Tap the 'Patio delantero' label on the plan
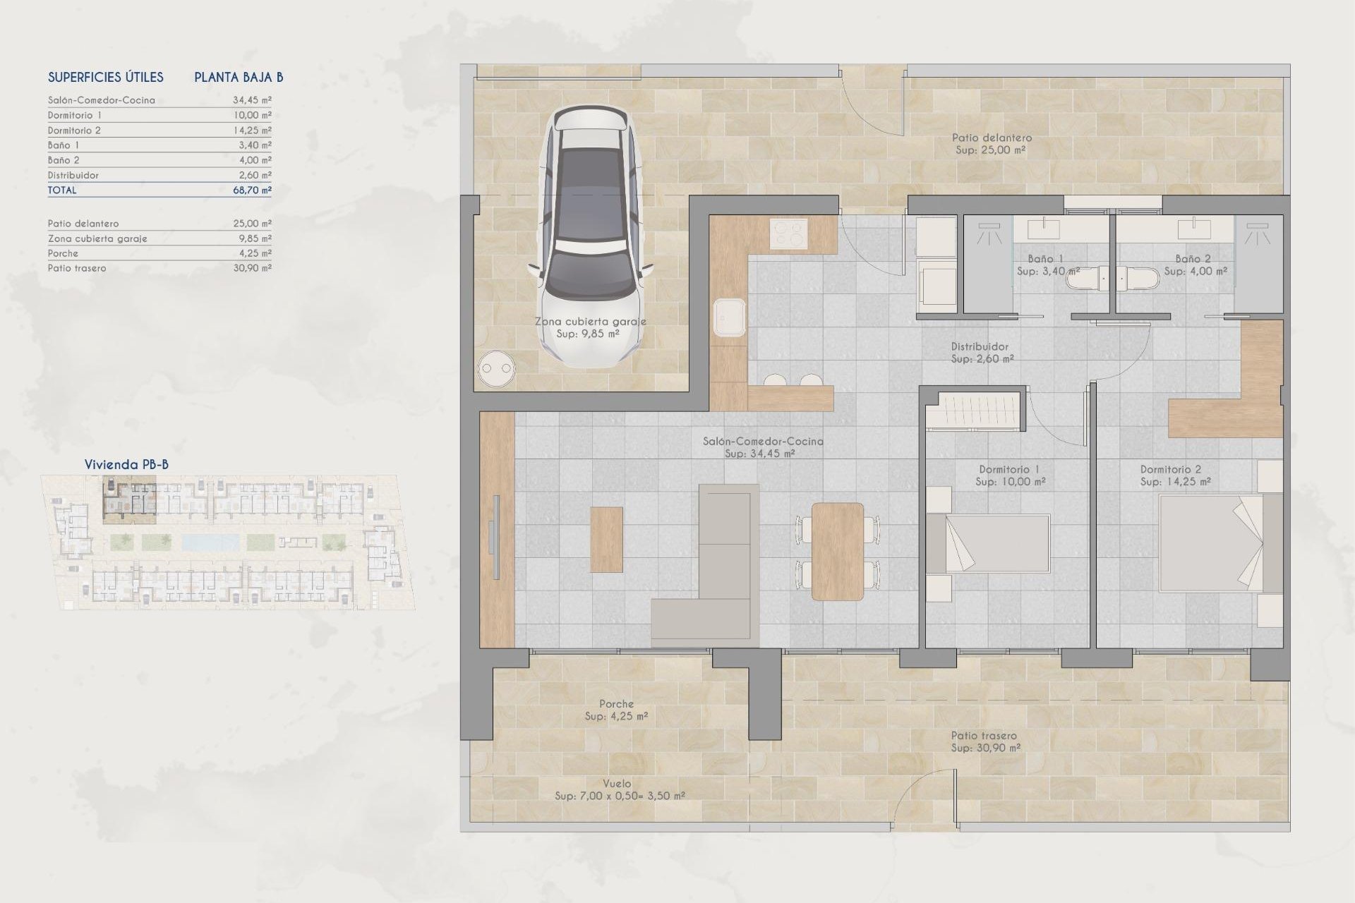tap(991, 138)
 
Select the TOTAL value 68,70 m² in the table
tap(252, 190)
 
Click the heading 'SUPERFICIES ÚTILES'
tap(106, 78)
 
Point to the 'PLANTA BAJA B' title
tap(239, 78)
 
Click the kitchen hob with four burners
tap(788, 234)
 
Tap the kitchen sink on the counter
tap(729, 318)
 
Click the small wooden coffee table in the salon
tap(606, 540)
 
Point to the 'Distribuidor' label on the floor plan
tap(980, 347)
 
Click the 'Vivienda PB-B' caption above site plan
tap(126, 465)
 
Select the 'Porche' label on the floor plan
tap(616, 704)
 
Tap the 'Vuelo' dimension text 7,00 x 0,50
tap(619, 796)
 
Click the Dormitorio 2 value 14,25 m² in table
tap(252, 131)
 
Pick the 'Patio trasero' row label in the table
tap(77, 269)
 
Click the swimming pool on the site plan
tap(210, 543)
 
